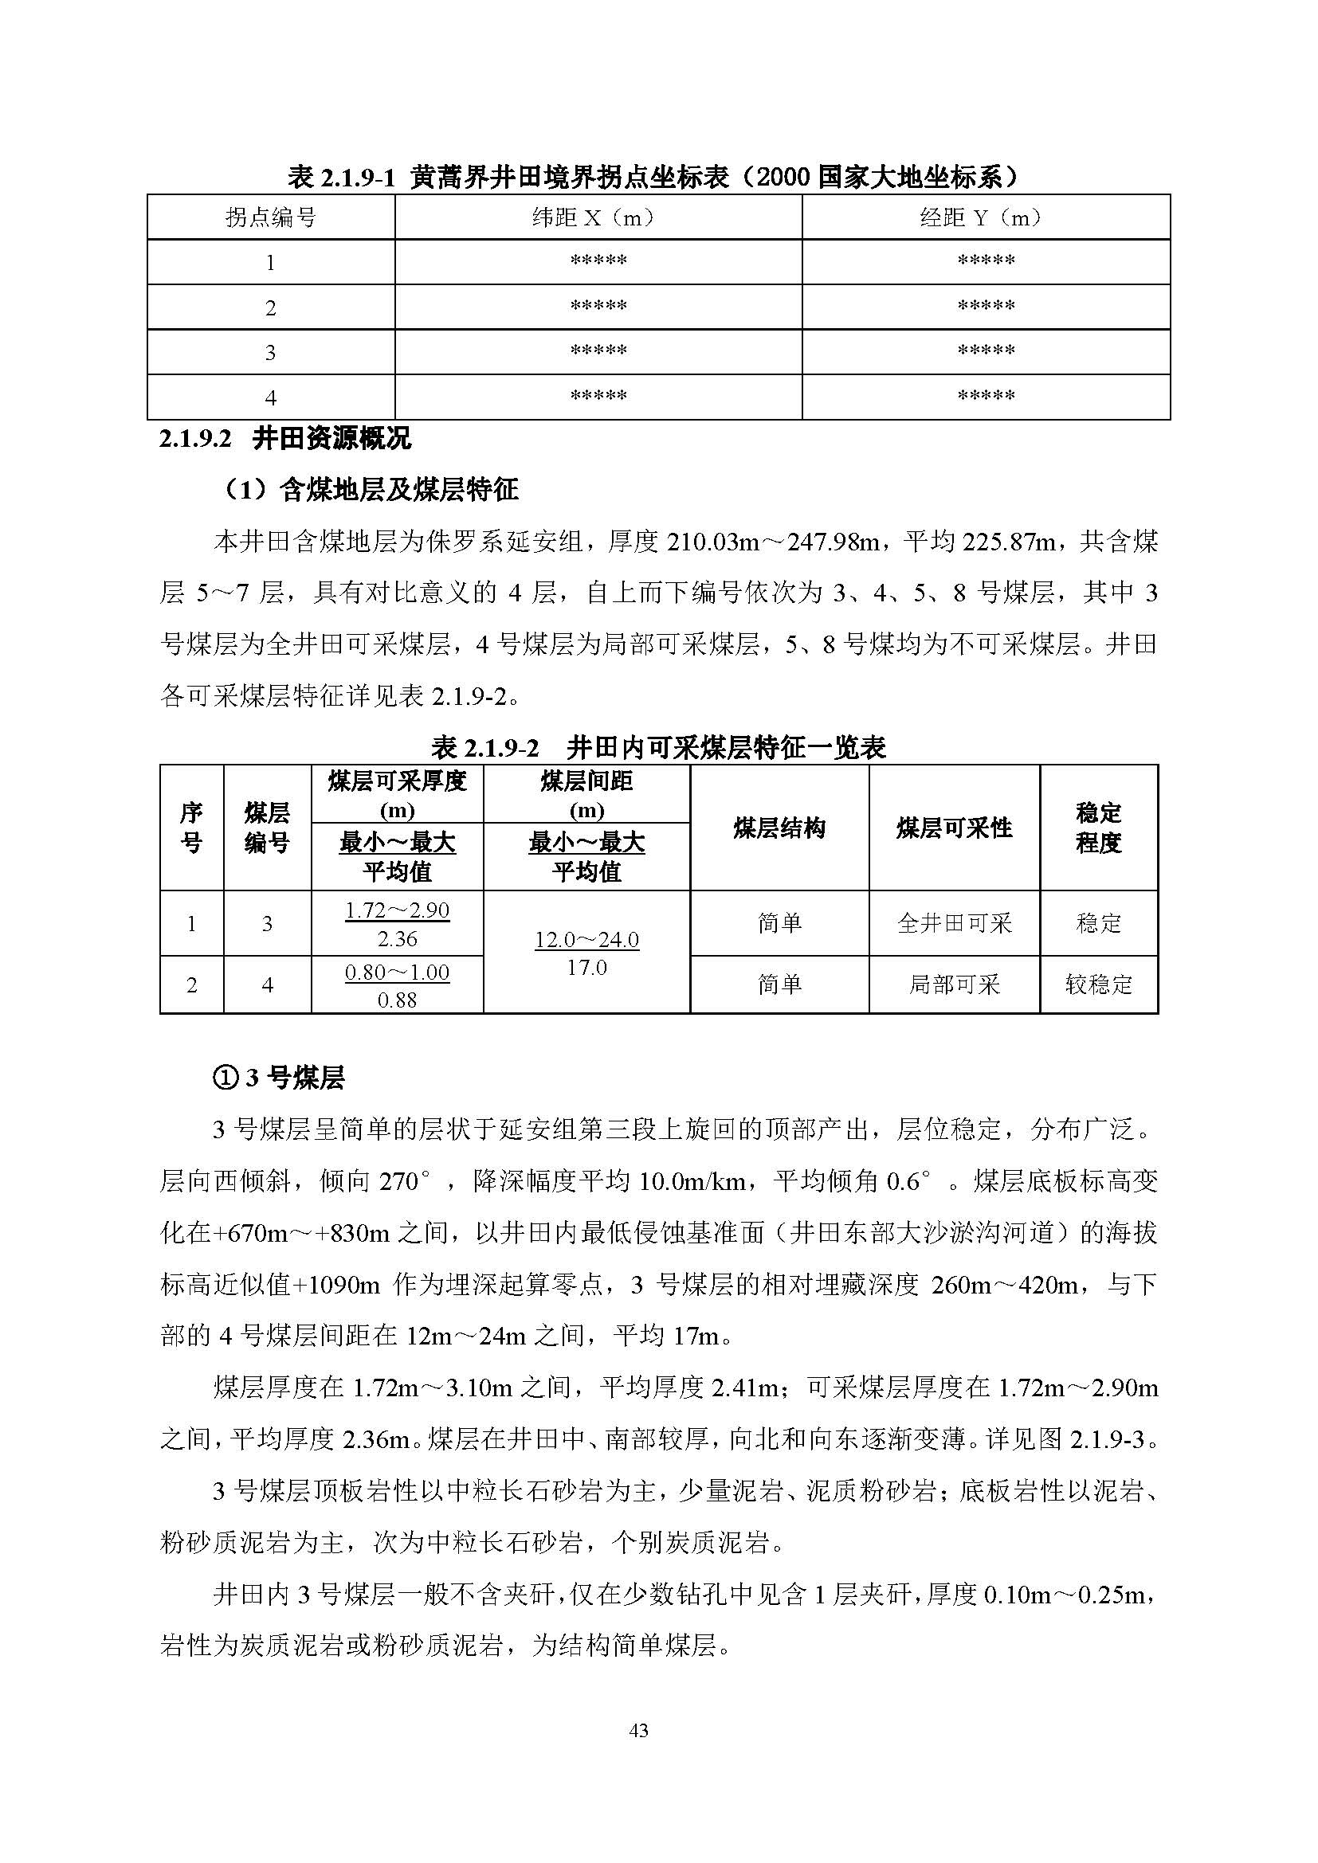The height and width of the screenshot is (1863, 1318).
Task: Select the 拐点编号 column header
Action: pos(270,217)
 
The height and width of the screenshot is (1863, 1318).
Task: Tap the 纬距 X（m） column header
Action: pos(598,217)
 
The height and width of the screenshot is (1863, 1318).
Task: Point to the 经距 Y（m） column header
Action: pos(985,217)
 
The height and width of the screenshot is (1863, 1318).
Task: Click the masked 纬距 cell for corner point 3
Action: pos(598,351)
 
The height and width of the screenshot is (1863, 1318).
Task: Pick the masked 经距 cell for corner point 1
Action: pos(985,261)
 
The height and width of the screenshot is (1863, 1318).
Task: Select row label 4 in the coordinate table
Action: pos(270,397)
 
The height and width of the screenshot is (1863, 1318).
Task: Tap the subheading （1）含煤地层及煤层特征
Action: pos(370,489)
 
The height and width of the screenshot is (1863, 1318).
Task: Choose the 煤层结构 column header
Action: pos(779,828)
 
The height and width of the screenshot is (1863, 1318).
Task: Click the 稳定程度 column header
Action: pos(1098,828)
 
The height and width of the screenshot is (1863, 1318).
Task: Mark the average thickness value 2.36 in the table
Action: pos(397,939)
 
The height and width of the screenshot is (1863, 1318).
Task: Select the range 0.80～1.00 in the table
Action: pos(397,972)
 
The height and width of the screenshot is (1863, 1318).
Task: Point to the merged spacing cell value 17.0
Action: pos(586,967)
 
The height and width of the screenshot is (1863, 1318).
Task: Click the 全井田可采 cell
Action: pos(954,923)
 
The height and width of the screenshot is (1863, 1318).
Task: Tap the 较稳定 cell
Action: pos(1098,984)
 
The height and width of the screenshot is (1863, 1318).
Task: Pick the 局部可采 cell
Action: pos(954,984)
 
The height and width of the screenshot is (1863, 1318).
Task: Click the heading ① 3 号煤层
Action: pos(278,1078)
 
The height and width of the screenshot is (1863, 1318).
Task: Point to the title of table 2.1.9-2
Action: pos(658,747)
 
